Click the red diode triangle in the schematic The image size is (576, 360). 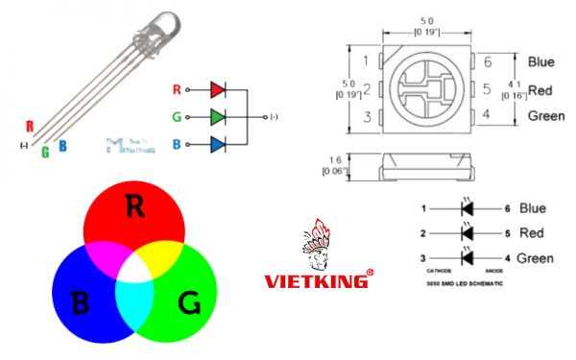click(x=218, y=89)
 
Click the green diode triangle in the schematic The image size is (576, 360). click(x=218, y=117)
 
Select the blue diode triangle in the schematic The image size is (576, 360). click(x=218, y=145)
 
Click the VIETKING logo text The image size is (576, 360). click(x=317, y=281)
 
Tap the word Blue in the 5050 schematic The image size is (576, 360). click(x=532, y=207)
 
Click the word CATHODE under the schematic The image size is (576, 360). click(x=438, y=272)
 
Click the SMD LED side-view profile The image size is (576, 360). click(x=428, y=166)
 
